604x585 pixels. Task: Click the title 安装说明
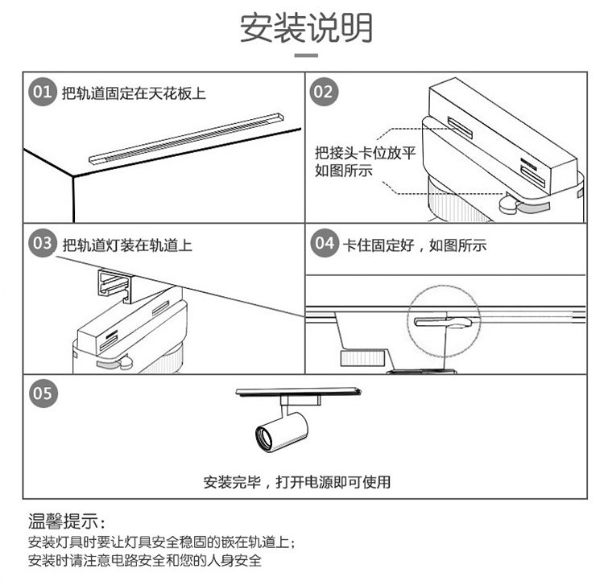point(305,28)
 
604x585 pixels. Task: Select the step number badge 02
point(323,92)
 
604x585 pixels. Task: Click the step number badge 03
point(43,244)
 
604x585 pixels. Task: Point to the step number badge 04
point(323,244)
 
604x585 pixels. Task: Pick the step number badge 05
point(43,393)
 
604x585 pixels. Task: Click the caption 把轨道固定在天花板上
point(134,93)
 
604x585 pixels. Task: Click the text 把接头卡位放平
point(365,153)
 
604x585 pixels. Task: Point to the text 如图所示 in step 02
point(344,171)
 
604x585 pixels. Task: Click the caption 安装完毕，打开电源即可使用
point(297,482)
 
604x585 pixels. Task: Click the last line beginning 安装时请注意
point(145,560)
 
